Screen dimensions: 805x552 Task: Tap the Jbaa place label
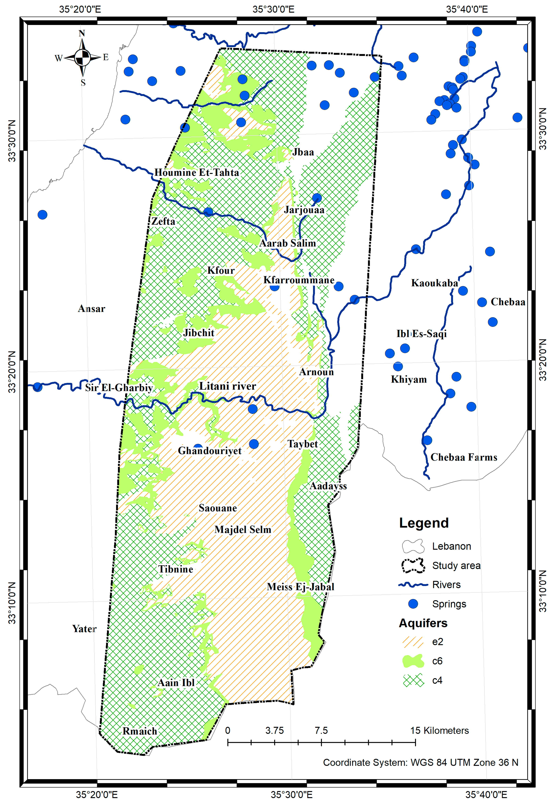pyautogui.click(x=303, y=152)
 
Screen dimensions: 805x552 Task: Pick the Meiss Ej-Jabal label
pyautogui.click(x=301, y=587)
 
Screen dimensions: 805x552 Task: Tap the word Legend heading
pyautogui.click(x=424, y=523)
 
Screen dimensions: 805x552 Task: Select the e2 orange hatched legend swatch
pyautogui.click(x=413, y=642)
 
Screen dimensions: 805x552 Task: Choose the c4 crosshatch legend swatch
pyautogui.click(x=413, y=680)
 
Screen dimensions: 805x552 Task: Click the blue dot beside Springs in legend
pyautogui.click(x=413, y=604)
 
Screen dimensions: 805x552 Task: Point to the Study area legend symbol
pyautogui.click(x=413, y=566)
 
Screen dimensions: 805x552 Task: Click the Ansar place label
pyautogui.click(x=91, y=309)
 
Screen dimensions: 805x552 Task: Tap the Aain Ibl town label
pyautogui.click(x=176, y=683)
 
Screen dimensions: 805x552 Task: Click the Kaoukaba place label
pyautogui.click(x=435, y=283)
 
